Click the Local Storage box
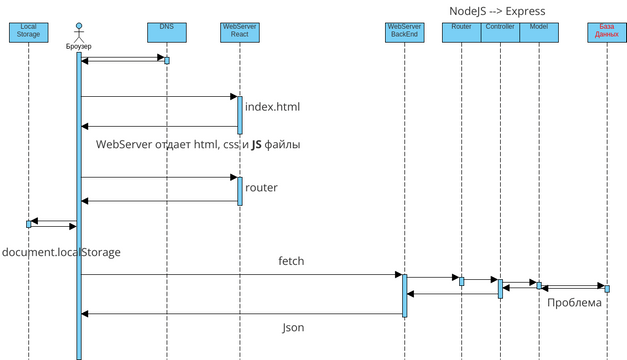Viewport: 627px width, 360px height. tap(29, 32)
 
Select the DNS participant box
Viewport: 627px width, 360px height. tap(166, 32)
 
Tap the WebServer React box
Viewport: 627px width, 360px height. tap(238, 32)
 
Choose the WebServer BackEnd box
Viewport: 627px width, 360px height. tap(404, 32)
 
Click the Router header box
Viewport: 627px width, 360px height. tap(461, 32)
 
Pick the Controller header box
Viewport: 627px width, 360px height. tap(499, 32)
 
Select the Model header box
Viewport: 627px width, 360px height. tap(538, 32)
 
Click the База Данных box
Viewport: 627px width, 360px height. tap(606, 32)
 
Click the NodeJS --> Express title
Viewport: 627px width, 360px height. tap(497, 10)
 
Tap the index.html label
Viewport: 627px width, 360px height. tap(272, 106)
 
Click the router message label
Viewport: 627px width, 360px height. tap(261, 187)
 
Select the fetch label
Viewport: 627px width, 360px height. tap(291, 261)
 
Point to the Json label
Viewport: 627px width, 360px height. tap(292, 327)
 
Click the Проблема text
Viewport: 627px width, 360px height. tap(575, 302)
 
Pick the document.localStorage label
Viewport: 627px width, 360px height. tap(61, 252)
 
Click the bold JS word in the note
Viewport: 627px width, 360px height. tap(256, 144)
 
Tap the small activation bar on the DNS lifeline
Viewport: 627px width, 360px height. tap(167, 60)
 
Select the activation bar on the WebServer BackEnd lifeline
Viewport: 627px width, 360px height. tap(405, 294)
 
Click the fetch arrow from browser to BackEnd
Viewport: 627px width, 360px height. tap(240, 274)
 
